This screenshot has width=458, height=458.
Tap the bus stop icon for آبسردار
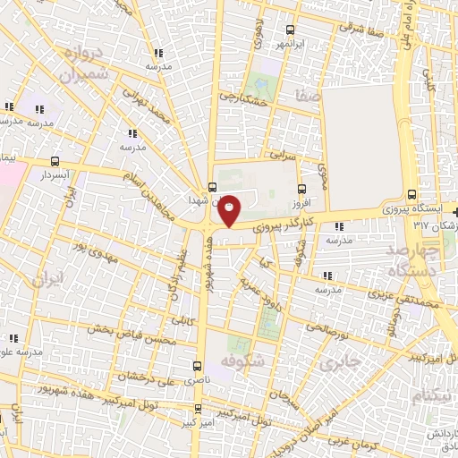click(56, 162)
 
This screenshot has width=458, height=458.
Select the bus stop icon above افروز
click(301, 189)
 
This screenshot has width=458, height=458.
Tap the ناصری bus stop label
click(192, 380)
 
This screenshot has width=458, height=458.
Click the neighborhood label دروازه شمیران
click(86, 65)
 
